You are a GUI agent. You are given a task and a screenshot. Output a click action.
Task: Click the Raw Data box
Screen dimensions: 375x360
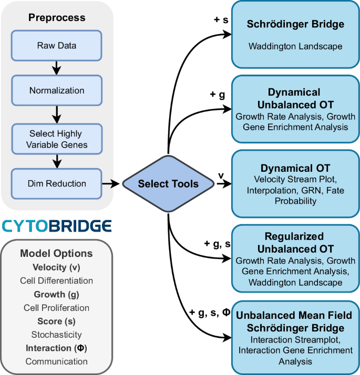click(57, 46)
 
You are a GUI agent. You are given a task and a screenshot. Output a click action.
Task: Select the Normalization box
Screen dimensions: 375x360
click(57, 90)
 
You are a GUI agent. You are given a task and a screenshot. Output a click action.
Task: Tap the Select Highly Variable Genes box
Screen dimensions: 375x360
click(57, 139)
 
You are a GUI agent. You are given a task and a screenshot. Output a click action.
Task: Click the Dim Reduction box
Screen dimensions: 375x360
click(57, 184)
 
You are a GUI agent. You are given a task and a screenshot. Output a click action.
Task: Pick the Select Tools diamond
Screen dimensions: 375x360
click(168, 184)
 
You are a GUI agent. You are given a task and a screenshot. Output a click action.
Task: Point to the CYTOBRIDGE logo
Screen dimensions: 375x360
click(57, 226)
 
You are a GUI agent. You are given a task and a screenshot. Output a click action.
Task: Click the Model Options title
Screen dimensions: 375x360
click(57, 253)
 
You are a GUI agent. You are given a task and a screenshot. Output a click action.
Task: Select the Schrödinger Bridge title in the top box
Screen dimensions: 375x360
click(295, 25)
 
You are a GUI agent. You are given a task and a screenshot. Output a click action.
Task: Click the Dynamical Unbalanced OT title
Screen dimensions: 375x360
click(294, 98)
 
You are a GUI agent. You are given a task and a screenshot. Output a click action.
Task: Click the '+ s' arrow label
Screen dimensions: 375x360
click(221, 20)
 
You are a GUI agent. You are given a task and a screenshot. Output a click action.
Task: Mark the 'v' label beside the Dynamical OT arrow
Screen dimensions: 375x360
click(221, 174)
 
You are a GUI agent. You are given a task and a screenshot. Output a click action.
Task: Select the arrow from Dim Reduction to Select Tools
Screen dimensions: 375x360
click(111, 184)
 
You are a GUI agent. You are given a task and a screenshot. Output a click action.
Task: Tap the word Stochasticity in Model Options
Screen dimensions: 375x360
click(57, 335)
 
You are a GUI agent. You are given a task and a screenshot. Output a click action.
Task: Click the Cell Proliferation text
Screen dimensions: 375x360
click(57, 308)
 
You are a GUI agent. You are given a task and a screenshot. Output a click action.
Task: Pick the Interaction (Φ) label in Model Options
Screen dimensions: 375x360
click(57, 348)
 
